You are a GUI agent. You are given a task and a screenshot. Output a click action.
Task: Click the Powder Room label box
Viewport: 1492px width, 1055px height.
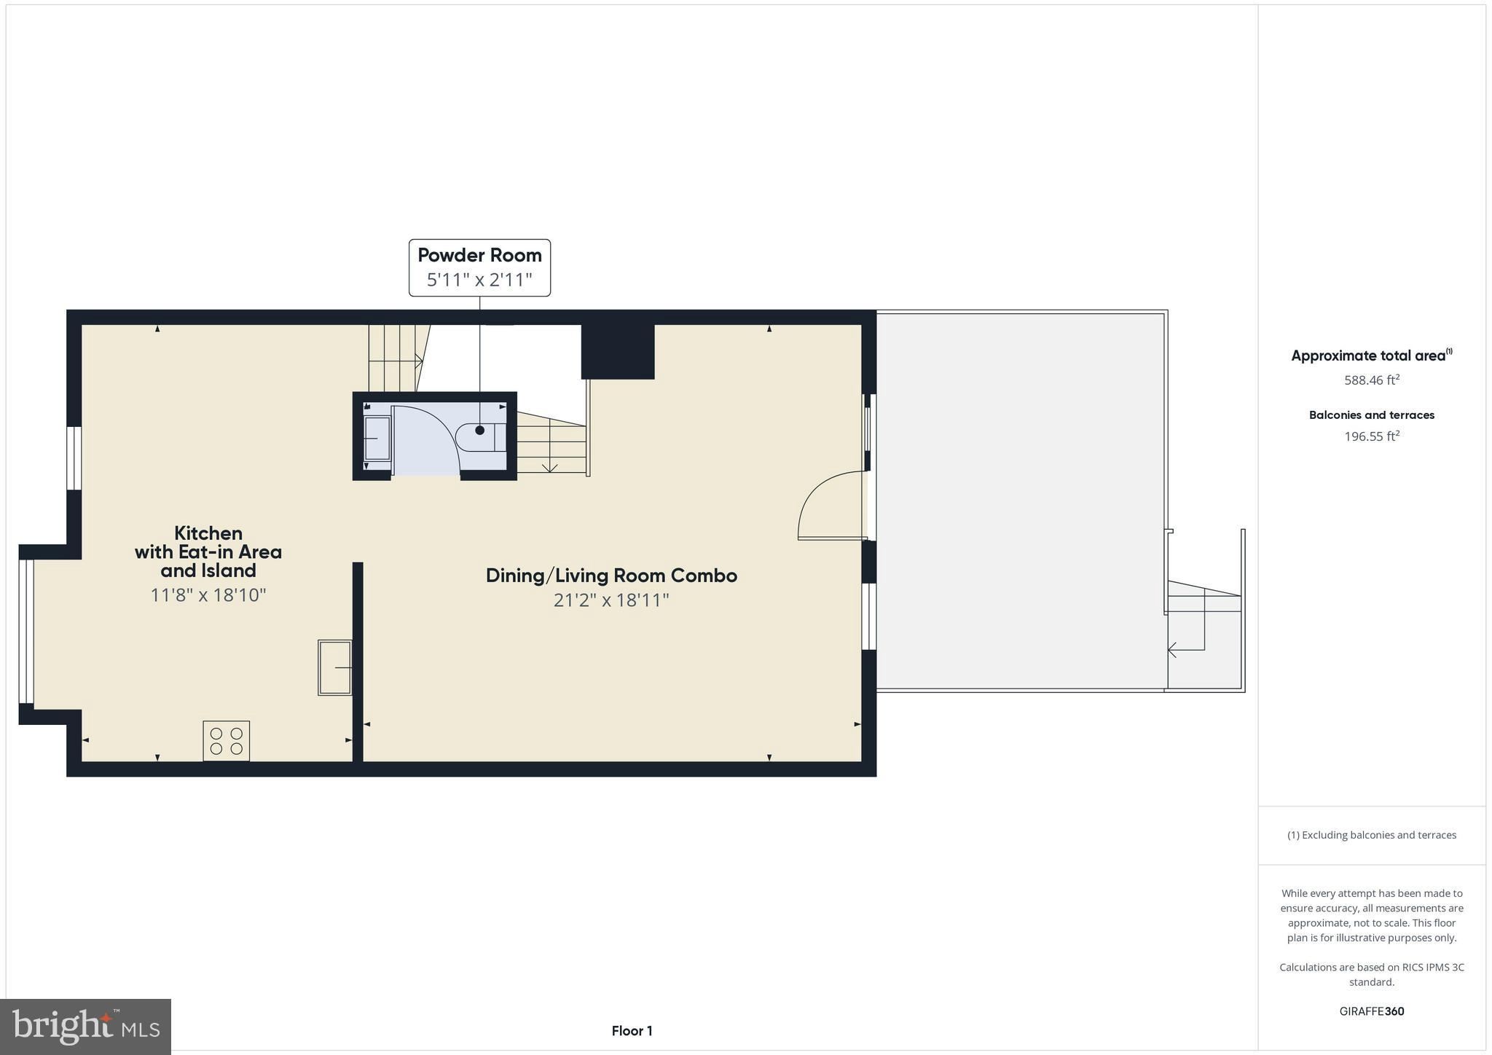[x=479, y=267]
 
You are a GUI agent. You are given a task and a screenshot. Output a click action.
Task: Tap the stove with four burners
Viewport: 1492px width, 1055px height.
[x=226, y=741]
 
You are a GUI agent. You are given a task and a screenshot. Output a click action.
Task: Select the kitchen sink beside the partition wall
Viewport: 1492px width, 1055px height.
[x=335, y=667]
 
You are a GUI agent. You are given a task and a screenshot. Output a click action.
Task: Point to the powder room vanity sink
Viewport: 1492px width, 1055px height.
[x=377, y=438]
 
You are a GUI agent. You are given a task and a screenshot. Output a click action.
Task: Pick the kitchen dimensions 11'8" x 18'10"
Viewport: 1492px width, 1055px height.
[x=208, y=595]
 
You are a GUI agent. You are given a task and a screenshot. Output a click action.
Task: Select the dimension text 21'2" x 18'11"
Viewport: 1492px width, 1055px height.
[x=611, y=600]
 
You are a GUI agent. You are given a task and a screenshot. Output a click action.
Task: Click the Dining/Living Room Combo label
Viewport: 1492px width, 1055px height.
[x=611, y=576]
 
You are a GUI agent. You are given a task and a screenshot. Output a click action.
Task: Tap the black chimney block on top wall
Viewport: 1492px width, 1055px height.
[x=618, y=351]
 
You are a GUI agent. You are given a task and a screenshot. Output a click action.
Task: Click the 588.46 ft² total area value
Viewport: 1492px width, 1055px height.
[x=1372, y=380]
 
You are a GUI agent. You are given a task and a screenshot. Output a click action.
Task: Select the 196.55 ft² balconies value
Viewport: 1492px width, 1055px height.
[x=1372, y=436]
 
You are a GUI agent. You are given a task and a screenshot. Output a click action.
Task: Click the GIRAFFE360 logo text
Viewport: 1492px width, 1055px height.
[x=1372, y=1011]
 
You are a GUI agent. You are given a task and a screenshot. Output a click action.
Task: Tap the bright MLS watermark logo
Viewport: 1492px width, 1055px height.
[x=86, y=1027]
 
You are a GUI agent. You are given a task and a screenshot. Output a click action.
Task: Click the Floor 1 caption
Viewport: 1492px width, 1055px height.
[x=632, y=1031]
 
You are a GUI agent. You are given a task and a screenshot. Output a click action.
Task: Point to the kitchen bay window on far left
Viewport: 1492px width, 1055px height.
[x=26, y=632]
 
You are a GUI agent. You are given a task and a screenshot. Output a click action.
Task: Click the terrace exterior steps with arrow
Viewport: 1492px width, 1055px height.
[x=1204, y=634]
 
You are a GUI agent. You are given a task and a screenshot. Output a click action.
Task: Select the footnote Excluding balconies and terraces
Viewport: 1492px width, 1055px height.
[x=1372, y=835]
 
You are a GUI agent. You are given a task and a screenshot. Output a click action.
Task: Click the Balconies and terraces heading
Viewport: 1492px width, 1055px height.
[x=1372, y=415]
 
